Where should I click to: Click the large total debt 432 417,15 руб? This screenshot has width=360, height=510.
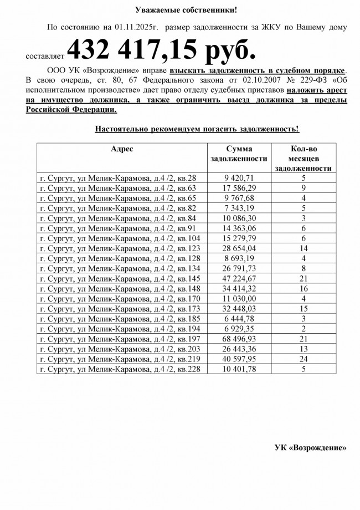162,50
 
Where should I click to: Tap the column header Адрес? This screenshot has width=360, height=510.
122,149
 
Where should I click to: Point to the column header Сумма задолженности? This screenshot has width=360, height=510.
239,154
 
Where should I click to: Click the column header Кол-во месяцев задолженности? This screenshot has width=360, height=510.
304,159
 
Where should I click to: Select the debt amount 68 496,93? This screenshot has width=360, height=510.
239,339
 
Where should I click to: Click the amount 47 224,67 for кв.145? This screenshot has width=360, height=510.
239,278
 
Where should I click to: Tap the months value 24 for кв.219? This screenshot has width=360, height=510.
304,359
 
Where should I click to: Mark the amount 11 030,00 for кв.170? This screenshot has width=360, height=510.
239,298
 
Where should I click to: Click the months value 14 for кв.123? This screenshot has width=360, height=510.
304,248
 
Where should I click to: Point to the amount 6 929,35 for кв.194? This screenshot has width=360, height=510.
239,329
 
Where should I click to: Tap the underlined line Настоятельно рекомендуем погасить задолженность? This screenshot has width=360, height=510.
197,129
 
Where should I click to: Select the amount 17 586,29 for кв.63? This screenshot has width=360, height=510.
239,188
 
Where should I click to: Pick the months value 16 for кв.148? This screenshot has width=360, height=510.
304,288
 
